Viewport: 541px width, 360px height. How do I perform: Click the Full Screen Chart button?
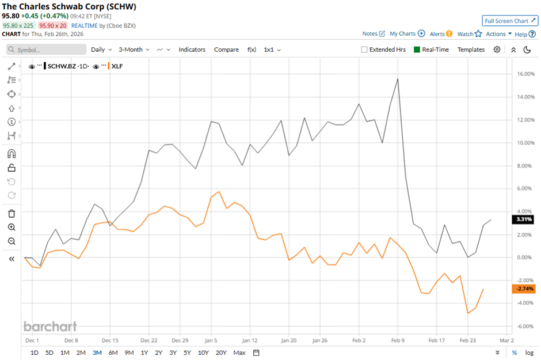(x=510, y=21)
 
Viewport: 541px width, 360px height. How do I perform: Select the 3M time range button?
(x=96, y=353)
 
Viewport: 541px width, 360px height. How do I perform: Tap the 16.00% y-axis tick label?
(x=524, y=74)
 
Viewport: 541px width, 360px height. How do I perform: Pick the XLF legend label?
(x=117, y=66)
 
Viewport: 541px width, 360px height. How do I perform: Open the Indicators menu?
(x=192, y=50)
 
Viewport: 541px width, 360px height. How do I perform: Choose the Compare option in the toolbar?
(x=226, y=50)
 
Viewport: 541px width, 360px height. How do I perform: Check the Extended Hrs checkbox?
(x=364, y=50)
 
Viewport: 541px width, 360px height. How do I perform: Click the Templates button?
(x=471, y=50)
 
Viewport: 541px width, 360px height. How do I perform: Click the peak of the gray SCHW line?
(x=398, y=79)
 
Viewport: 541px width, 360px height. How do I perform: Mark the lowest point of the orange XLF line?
(x=468, y=313)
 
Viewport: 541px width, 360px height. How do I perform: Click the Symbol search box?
(x=46, y=50)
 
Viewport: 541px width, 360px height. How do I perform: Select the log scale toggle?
(x=529, y=353)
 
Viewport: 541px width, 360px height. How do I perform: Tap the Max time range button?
(x=239, y=353)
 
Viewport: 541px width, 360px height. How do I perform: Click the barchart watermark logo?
(x=50, y=327)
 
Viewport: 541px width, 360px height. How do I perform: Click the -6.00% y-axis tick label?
(x=524, y=326)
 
